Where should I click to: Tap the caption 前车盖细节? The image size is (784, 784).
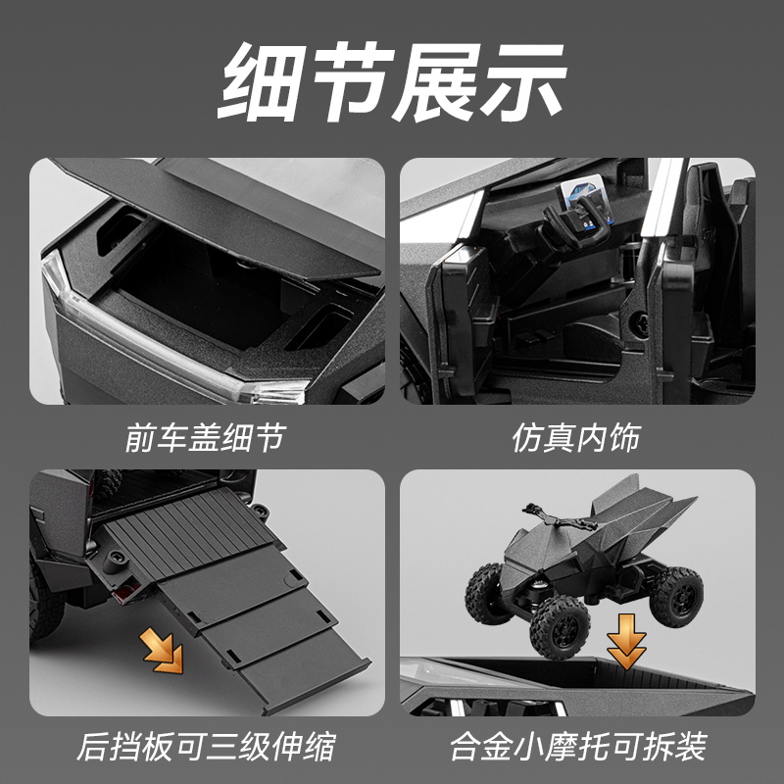pos(205,437)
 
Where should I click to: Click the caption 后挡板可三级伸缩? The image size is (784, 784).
pos(206,747)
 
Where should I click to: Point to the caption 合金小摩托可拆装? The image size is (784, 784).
pos(578,747)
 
